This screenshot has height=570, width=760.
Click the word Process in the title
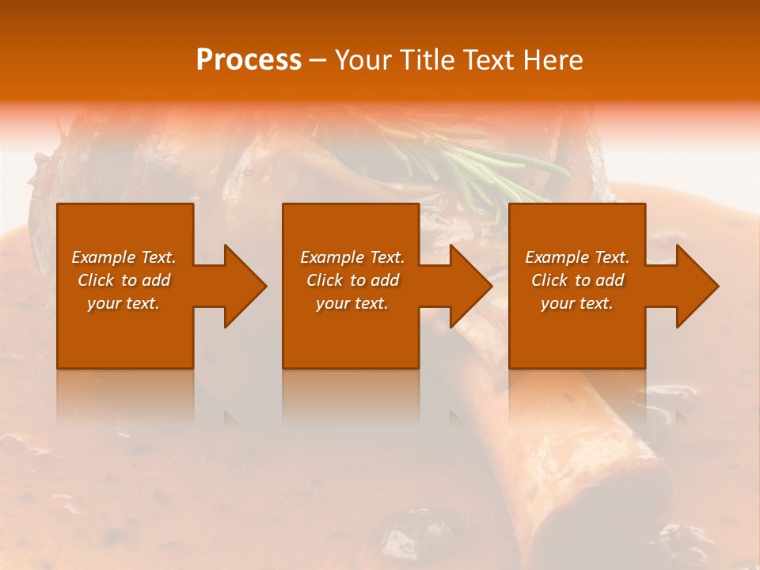pyautogui.click(x=249, y=60)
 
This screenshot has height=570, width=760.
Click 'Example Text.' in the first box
pyautogui.click(x=124, y=257)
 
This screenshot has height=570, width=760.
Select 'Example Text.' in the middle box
pyautogui.click(x=352, y=257)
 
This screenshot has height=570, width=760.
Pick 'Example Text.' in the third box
pyautogui.click(x=577, y=257)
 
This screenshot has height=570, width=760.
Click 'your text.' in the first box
pyautogui.click(x=123, y=303)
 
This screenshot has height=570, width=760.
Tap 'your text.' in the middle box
pyautogui.click(x=352, y=303)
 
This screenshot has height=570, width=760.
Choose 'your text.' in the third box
pyautogui.click(x=577, y=303)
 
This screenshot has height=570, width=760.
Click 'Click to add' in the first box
pyautogui.click(x=124, y=280)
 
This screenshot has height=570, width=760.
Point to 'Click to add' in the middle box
pyautogui.click(x=352, y=280)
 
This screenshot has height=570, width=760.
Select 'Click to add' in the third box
pyautogui.click(x=577, y=280)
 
